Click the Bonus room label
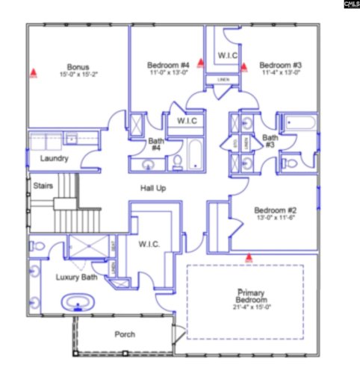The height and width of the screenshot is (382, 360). pyautogui.click(x=78, y=66)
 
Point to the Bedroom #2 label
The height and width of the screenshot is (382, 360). pyautogui.click(x=276, y=210)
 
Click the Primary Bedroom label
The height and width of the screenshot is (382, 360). pyautogui.click(x=245, y=295)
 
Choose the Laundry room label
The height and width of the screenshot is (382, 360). pyautogui.click(x=54, y=158)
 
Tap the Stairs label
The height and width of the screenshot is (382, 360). pyautogui.click(x=43, y=185)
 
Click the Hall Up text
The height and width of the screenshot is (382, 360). pyautogui.click(x=152, y=188)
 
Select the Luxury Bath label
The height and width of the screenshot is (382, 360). pyautogui.click(x=76, y=278)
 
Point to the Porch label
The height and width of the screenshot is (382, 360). pyautogui.click(x=124, y=334)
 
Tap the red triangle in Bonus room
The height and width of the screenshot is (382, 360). pyautogui.click(x=34, y=73)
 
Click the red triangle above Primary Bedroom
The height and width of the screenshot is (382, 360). pyautogui.click(x=249, y=258)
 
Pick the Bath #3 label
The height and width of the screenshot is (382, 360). pyautogui.click(x=270, y=140)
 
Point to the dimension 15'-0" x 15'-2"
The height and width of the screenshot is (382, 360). pyautogui.click(x=78, y=75)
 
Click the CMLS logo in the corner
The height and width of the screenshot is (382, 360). pyautogui.click(x=350, y=4)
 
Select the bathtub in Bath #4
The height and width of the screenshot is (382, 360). pyautogui.click(x=194, y=154)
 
